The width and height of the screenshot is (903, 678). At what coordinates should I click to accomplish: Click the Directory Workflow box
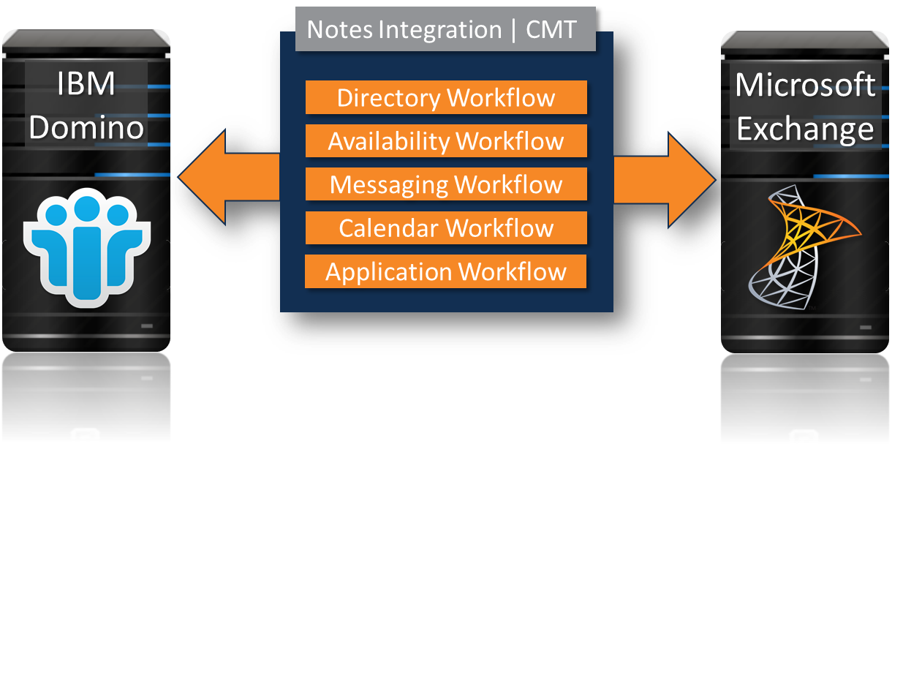tap(446, 97)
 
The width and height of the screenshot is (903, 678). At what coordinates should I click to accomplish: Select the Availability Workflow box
tap(446, 140)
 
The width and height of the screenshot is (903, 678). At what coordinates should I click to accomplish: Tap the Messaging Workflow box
tap(446, 184)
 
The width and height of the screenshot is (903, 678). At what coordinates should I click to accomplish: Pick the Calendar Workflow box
tap(446, 227)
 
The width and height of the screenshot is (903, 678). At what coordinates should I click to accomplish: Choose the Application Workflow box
tap(446, 271)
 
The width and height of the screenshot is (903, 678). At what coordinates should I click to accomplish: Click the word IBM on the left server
tap(86, 85)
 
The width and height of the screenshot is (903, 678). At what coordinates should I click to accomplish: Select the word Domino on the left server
tap(86, 127)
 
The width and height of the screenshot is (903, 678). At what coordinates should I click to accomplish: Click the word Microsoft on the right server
tap(805, 85)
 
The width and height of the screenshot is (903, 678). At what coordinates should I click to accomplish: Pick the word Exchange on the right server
tap(805, 129)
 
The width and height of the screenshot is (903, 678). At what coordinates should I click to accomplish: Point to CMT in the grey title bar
tap(551, 30)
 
